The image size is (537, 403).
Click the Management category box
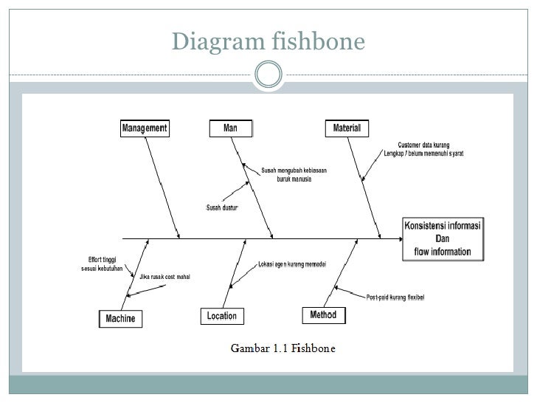[145, 128]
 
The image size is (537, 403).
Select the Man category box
[231, 128]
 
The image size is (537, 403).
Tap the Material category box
[346, 128]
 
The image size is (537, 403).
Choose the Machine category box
[120, 319]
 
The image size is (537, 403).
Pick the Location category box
[221, 316]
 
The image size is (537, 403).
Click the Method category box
[323, 315]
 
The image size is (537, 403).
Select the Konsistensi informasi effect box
[443, 238]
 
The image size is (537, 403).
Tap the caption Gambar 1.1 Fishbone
[283, 348]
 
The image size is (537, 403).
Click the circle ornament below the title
[268, 74]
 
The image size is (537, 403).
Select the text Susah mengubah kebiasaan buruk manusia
[294, 174]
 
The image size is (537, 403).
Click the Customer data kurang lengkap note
[423, 149]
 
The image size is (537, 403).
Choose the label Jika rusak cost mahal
[164, 277]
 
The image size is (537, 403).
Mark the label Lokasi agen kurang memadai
[292, 263]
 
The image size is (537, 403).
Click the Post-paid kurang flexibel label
[395, 297]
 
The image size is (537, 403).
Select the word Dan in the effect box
[443, 238]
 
